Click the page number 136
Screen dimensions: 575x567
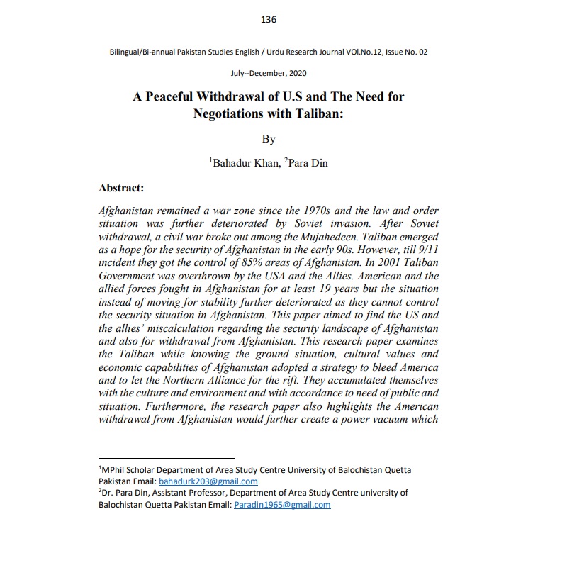(x=269, y=20)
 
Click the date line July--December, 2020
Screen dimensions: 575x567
(x=269, y=73)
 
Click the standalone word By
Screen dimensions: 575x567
(x=269, y=139)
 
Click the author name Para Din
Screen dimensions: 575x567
(x=308, y=164)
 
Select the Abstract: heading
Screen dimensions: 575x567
(x=121, y=189)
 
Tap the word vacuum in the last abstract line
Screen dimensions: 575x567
(x=386, y=420)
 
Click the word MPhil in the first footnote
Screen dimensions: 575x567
(x=113, y=469)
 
